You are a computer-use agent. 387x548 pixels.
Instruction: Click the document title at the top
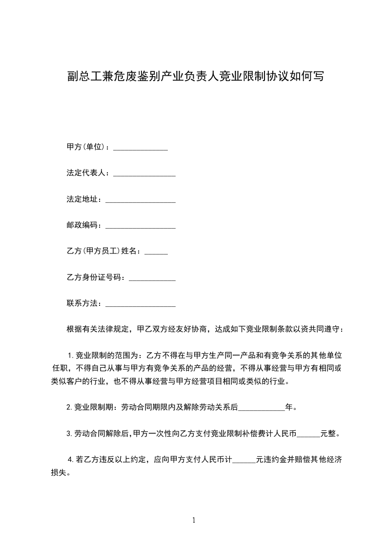(x=195, y=76)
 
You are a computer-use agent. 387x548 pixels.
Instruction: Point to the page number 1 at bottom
(x=194, y=520)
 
